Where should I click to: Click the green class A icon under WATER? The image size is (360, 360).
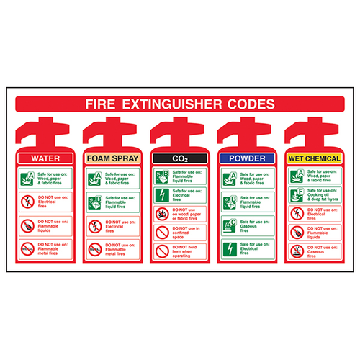point(27,177)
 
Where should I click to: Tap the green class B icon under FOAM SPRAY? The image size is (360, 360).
point(94,202)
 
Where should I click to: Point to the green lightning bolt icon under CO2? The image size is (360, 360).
point(161,195)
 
